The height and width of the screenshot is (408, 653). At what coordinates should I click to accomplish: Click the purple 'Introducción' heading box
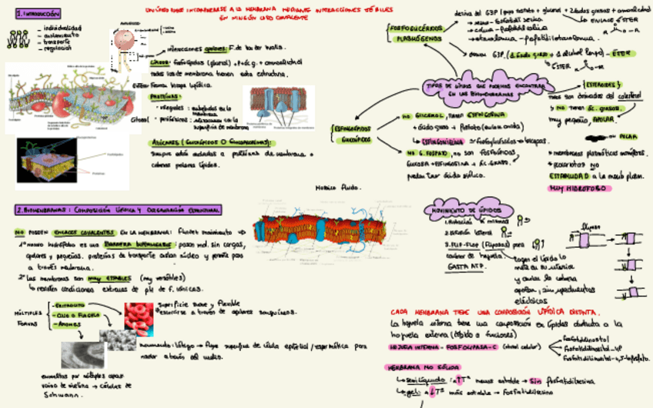click(37, 14)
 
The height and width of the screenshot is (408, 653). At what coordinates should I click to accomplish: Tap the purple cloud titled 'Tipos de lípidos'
click(477, 89)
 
